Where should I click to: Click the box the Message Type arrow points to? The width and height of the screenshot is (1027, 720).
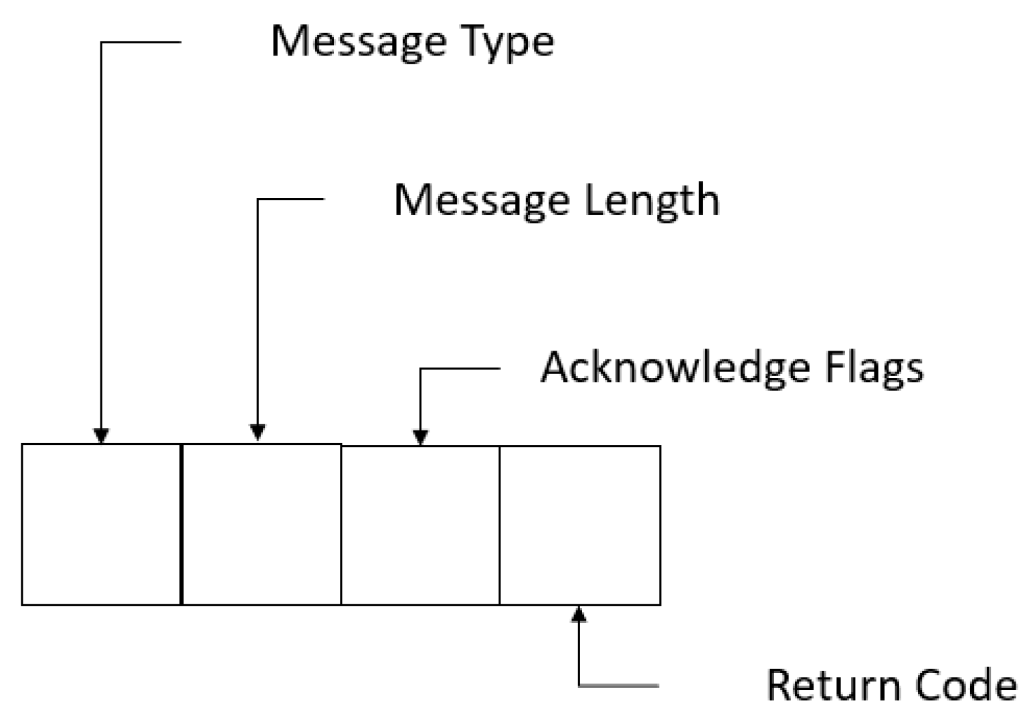[x=101, y=525]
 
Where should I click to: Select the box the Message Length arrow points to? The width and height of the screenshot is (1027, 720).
[x=261, y=525]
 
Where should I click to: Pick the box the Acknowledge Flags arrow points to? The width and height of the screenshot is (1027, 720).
[x=420, y=526]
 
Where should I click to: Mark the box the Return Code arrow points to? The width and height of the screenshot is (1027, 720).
[x=580, y=526]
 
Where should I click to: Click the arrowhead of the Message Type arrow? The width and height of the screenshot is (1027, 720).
[x=101, y=436]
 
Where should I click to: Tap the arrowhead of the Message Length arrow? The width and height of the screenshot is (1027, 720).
[x=258, y=432]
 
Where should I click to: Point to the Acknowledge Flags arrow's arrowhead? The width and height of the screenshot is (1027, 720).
[x=420, y=437]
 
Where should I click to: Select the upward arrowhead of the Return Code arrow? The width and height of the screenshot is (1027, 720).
[x=580, y=614]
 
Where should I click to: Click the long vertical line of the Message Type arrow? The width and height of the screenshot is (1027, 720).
[x=101, y=234]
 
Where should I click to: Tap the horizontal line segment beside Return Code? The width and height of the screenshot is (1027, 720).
[x=619, y=685]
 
